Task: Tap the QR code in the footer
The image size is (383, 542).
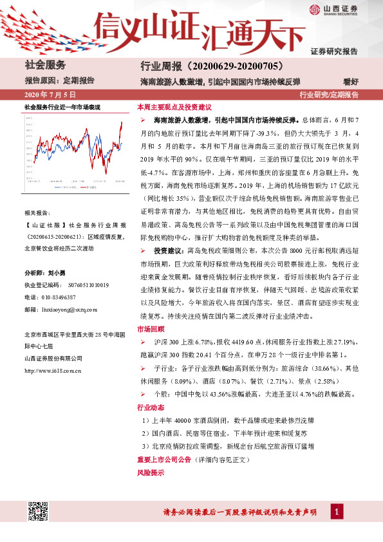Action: (37, 512)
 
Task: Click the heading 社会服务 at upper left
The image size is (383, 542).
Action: (45, 65)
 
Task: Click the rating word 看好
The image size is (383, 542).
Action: (350, 80)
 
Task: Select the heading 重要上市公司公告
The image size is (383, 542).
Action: (164, 460)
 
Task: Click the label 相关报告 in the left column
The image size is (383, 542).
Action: (36, 212)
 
